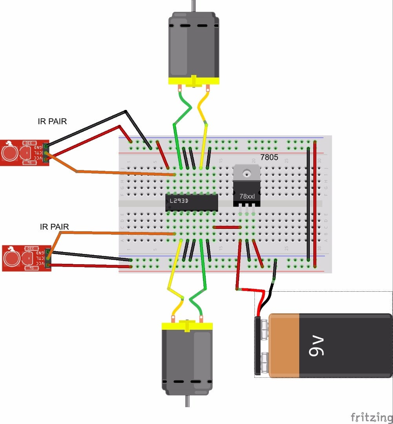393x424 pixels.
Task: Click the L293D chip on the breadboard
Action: tap(191, 202)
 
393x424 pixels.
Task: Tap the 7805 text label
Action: tap(269, 158)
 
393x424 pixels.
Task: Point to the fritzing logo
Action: tap(371, 416)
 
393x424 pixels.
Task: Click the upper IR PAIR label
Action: tap(52, 122)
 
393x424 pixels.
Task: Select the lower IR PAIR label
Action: tap(54, 227)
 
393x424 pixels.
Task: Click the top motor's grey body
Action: tap(193, 45)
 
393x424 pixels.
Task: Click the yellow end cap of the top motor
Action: tap(193, 80)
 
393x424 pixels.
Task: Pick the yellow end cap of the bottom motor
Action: tap(187, 326)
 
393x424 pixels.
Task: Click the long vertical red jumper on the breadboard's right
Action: tap(315, 204)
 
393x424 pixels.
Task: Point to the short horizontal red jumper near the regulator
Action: tap(227, 227)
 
